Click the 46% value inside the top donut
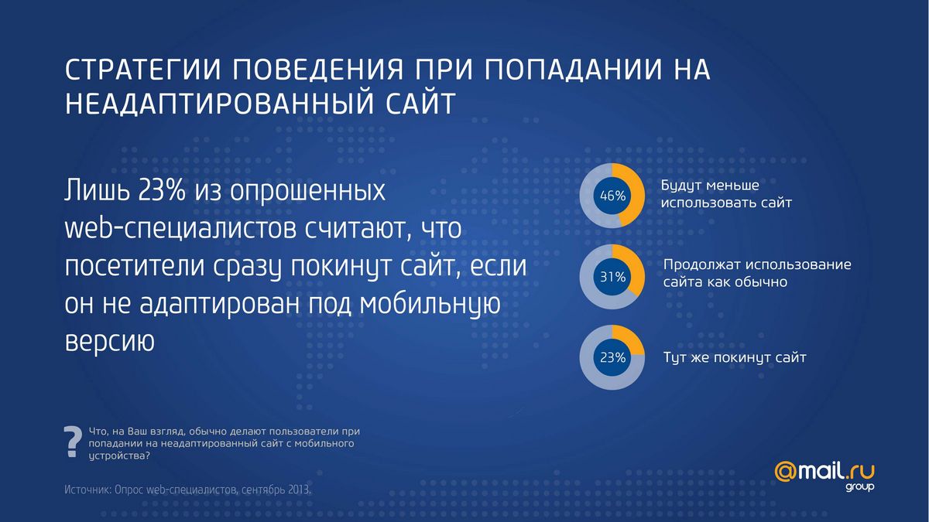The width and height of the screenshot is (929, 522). click(612, 196)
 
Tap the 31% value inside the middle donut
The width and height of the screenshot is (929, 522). click(612, 276)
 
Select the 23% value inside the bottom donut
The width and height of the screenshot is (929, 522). click(612, 357)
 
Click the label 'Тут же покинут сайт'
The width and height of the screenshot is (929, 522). click(735, 358)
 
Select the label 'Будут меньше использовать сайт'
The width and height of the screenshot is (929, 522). click(726, 195)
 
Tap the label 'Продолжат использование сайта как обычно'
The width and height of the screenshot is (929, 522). click(756, 273)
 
